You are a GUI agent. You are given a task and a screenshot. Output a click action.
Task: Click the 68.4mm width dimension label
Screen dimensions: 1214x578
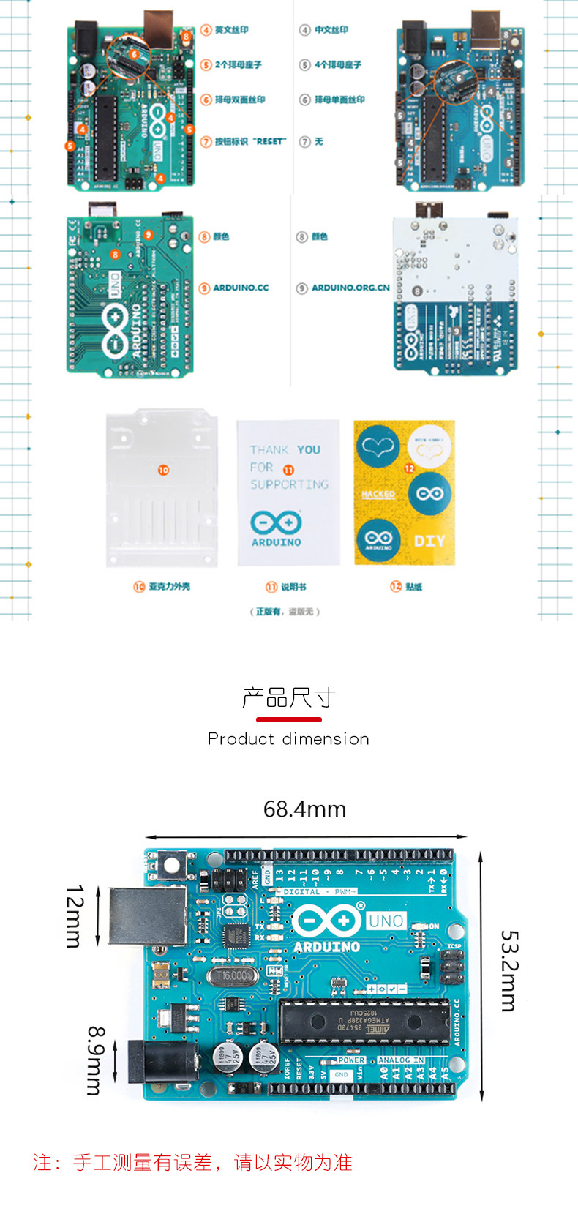point(304,809)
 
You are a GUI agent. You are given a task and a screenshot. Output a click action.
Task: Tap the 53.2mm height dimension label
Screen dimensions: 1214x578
point(509,970)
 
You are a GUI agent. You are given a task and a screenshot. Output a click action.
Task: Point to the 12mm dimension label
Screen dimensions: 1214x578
point(75,916)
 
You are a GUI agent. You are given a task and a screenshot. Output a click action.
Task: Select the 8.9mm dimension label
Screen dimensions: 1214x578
point(95,1060)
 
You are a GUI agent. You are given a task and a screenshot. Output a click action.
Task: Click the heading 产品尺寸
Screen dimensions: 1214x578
point(288,697)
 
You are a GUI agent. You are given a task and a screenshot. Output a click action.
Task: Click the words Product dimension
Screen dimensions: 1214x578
point(288,739)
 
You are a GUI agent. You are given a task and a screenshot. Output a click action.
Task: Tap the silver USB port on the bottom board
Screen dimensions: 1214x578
point(147,915)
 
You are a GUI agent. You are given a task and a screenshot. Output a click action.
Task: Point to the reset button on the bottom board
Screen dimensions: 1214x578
point(172,866)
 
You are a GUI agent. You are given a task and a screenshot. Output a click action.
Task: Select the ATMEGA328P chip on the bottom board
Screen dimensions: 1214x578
point(364,1021)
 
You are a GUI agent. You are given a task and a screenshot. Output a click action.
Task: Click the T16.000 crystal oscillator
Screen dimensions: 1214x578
point(233,975)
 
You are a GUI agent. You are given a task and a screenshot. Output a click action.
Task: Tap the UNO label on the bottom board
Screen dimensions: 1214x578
point(386,921)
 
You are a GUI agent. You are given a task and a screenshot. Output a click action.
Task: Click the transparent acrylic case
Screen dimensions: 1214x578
point(162,488)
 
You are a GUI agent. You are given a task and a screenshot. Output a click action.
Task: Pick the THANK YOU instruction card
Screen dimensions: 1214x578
point(288,492)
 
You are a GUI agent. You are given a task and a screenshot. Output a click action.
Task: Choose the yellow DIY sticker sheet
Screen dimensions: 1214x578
point(404,492)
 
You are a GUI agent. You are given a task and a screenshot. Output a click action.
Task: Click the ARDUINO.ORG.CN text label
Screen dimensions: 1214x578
point(350,288)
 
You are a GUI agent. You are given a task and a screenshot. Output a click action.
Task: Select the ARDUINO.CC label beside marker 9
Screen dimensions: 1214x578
point(241,288)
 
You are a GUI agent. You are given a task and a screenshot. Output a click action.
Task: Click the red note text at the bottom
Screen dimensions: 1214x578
point(192,1162)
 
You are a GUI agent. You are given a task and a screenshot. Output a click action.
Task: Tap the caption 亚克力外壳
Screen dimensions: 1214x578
point(169,586)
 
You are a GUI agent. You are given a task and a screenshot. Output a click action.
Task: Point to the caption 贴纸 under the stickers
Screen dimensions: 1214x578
point(413,586)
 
